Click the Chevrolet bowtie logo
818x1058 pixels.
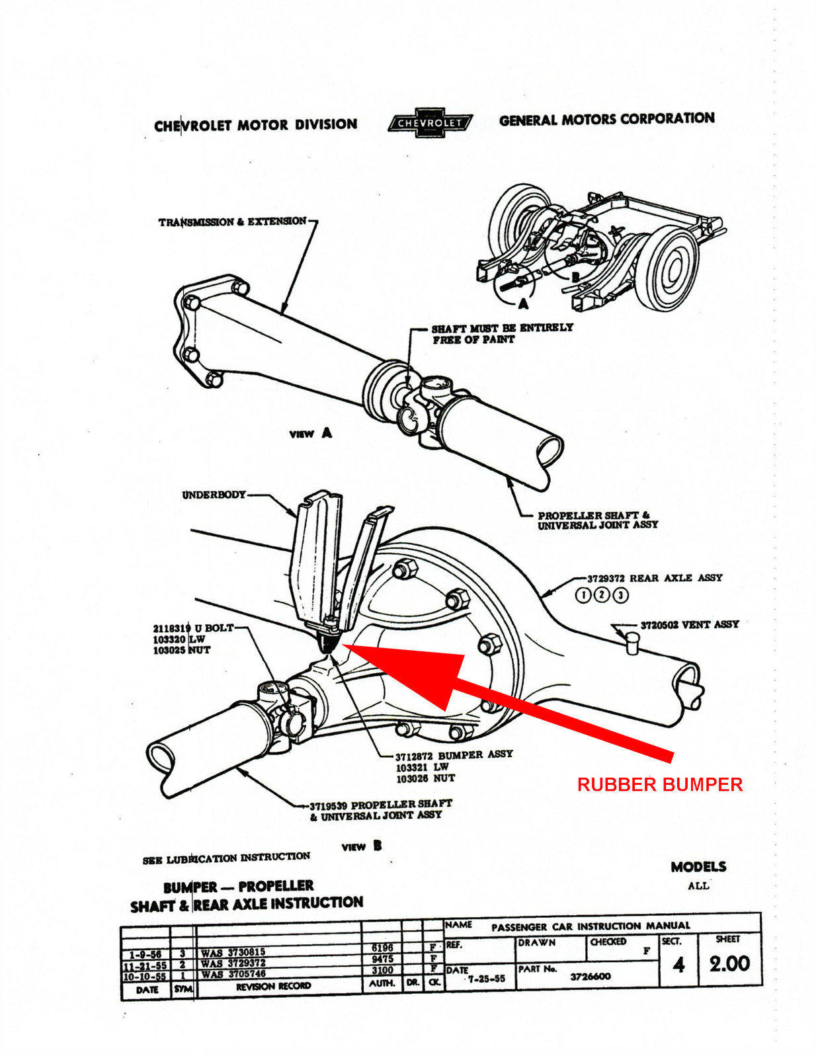430,123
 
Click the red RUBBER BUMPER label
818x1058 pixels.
659,785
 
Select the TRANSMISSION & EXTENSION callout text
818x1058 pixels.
232,222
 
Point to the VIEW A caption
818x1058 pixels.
311,434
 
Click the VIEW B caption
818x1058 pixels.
362,846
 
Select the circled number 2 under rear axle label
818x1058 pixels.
602,594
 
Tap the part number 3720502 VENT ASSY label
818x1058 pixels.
689,624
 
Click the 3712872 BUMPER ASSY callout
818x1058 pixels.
454,754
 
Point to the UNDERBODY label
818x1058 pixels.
214,495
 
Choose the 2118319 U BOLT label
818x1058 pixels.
193,628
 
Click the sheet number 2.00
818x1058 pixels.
729,963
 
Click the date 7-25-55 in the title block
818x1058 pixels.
486,979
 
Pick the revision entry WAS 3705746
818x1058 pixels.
233,974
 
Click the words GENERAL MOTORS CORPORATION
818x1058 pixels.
606,119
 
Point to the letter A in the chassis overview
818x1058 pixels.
523,303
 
